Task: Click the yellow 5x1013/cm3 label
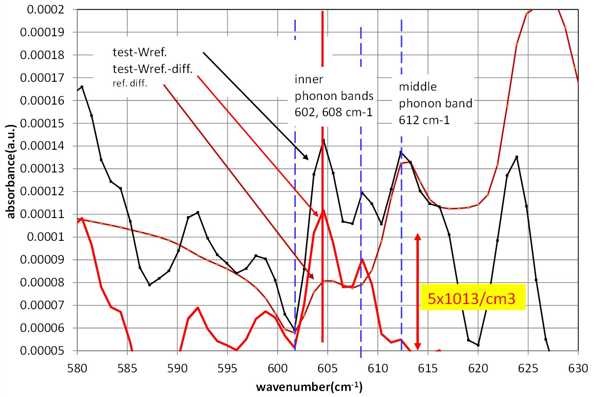[473, 297]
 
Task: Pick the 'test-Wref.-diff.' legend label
[153, 69]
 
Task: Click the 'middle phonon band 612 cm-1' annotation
[435, 103]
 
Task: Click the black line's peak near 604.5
[323, 140]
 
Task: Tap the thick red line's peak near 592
[198, 307]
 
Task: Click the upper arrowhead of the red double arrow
[417, 236]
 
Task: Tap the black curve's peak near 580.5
[82, 86]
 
